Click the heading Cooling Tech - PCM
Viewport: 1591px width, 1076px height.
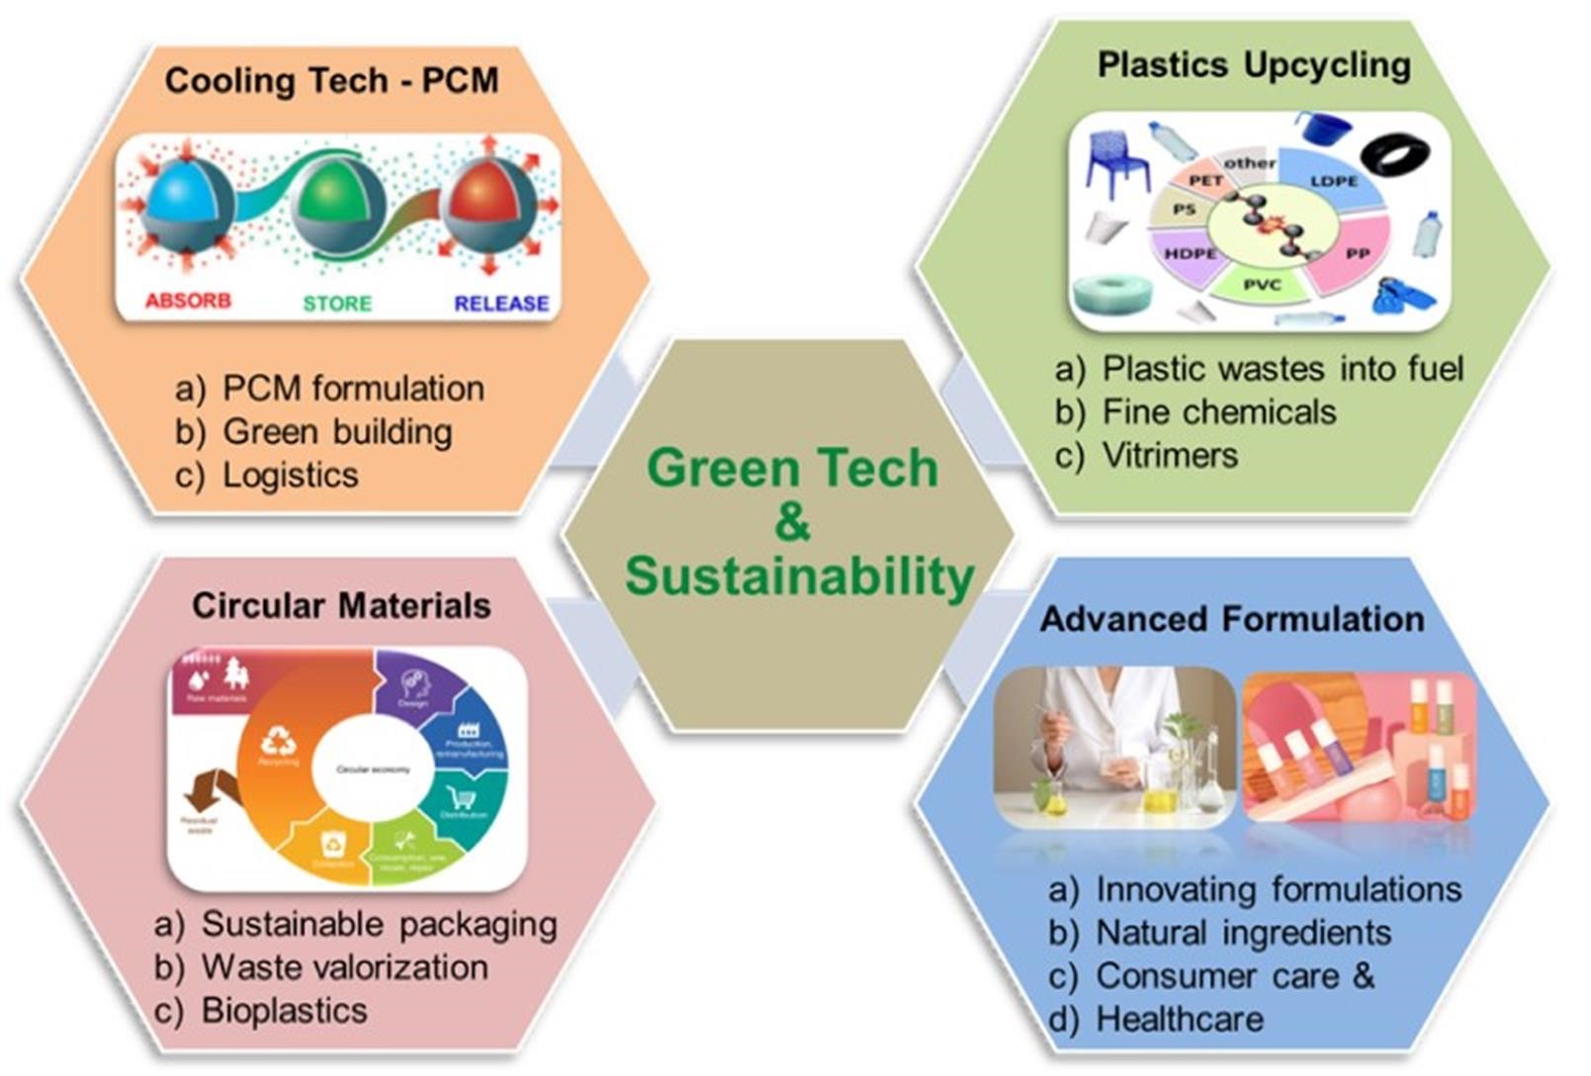click(331, 80)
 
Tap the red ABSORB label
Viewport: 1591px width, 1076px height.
click(188, 301)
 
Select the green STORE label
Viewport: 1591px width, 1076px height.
click(337, 304)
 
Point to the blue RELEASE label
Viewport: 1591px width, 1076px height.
click(500, 304)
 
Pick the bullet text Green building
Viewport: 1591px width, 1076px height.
click(337, 432)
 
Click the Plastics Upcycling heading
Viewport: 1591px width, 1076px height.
click(1254, 65)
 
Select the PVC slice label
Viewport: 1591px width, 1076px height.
click(1262, 285)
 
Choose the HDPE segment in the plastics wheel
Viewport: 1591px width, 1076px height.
click(1190, 253)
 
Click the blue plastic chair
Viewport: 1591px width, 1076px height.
click(1117, 161)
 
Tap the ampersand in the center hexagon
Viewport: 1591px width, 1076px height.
click(792, 521)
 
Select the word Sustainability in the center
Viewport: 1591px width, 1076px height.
click(799, 577)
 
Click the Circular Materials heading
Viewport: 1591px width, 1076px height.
click(341, 605)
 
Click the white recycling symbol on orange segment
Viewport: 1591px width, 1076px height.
click(278, 743)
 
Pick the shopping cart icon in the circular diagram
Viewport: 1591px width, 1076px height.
click(462, 797)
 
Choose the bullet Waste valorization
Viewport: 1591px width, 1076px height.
click(344, 967)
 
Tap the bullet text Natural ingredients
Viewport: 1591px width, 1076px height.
click(1243, 933)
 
